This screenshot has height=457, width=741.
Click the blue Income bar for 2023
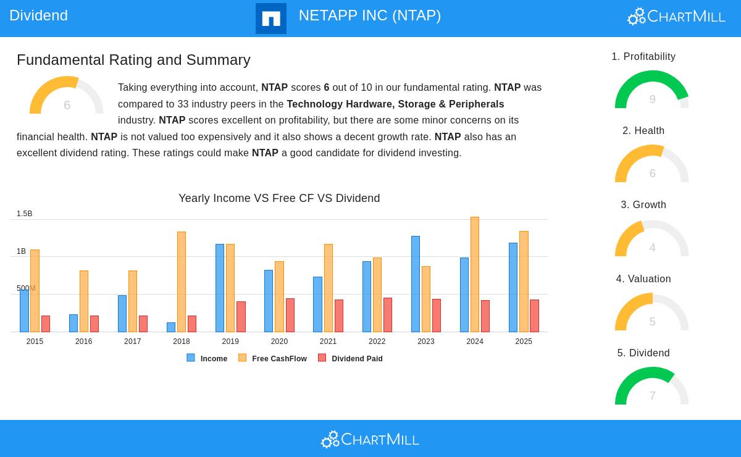pos(416,284)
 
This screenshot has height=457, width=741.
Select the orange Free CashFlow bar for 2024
pos(475,275)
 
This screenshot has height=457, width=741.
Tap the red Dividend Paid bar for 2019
pos(241,317)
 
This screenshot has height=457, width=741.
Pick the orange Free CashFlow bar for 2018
pos(182,282)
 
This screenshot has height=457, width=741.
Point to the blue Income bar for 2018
pos(171,327)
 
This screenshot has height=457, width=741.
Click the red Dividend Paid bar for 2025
pos(534,316)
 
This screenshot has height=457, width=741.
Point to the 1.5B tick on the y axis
pos(25,214)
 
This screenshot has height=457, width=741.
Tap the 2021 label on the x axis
pos(328,342)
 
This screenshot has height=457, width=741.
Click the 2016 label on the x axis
pos(83,342)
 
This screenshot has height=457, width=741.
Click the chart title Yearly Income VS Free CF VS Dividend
pos(279,198)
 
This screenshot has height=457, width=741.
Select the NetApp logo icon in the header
pos(271,19)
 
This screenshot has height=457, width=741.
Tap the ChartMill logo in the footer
pos(370,439)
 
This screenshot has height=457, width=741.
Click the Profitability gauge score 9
pos(652,99)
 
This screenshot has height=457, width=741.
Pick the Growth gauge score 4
pos(652,248)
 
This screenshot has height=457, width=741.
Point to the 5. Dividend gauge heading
pos(643,353)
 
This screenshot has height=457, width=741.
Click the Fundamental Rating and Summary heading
pos(133,60)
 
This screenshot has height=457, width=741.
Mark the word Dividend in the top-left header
pos(38,15)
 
